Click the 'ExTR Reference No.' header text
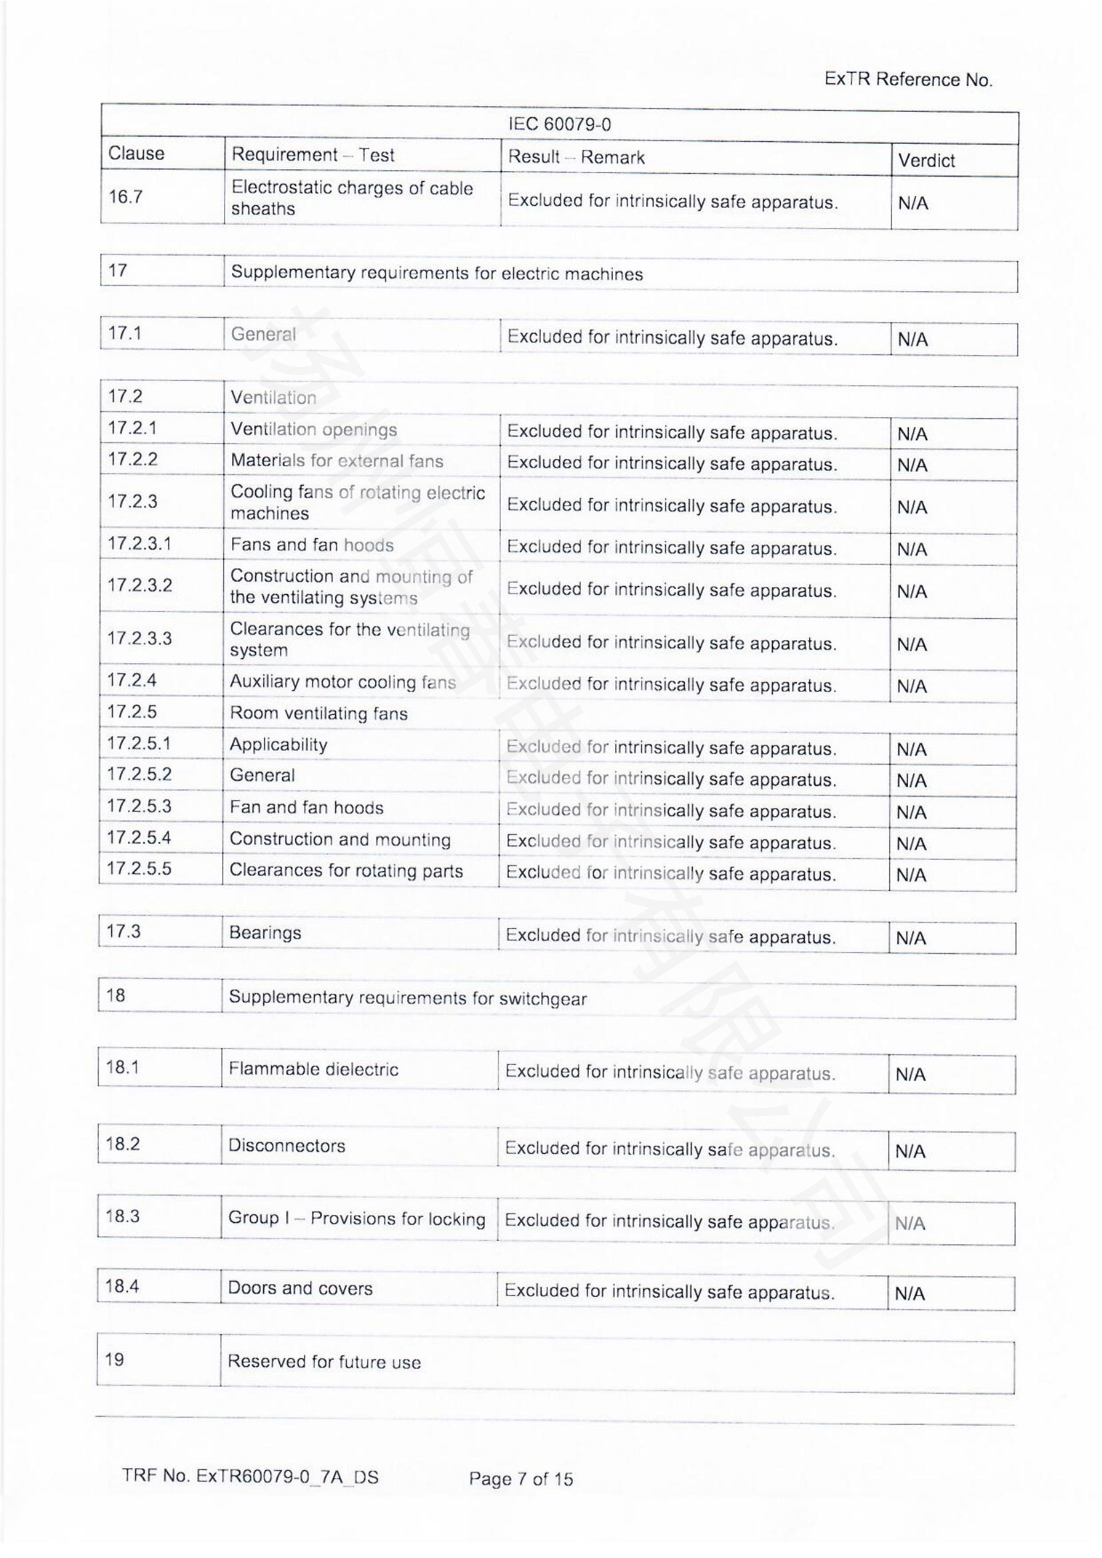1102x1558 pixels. [908, 80]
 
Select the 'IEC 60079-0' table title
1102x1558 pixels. [559, 125]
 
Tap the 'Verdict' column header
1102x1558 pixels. [926, 161]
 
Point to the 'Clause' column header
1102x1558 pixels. [137, 153]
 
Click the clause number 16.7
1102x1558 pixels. [125, 196]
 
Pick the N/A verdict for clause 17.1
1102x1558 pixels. [913, 339]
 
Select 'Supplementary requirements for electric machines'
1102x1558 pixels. [436, 274]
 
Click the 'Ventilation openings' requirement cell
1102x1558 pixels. [314, 430]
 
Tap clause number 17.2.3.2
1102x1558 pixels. [140, 585]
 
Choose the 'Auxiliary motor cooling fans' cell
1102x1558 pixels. [342, 682]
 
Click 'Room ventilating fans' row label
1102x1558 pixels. [318, 713]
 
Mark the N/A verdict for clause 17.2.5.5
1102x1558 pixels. [911, 875]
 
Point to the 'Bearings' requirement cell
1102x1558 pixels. [265, 933]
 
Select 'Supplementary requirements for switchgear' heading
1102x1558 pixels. [407, 998]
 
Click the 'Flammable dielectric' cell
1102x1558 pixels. [313, 1070]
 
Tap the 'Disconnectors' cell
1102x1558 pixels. [286, 1146]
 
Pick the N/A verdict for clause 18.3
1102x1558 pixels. [910, 1224]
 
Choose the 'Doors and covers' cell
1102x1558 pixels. [300, 1289]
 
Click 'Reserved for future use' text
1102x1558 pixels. [324, 1362]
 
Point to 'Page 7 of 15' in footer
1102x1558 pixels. [520, 1479]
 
